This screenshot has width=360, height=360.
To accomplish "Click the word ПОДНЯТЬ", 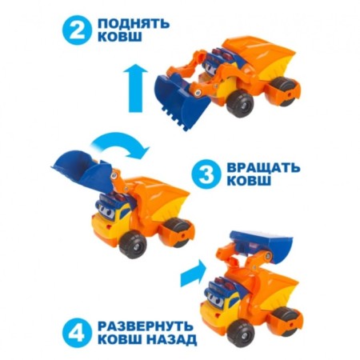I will coord(138,23).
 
